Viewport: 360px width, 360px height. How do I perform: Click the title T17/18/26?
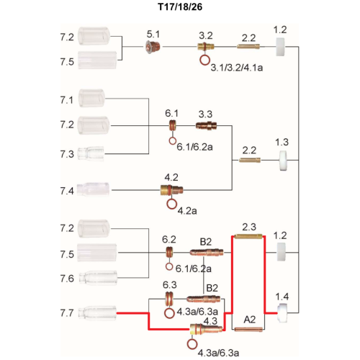[x=180, y=6]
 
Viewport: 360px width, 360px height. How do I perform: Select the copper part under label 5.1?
[x=153, y=47]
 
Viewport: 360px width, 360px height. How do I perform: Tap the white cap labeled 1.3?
[x=283, y=161]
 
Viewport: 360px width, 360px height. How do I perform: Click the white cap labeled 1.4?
[x=282, y=313]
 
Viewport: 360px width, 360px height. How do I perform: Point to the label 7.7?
[x=67, y=313]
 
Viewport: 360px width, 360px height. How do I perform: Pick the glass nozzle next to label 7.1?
[x=91, y=98]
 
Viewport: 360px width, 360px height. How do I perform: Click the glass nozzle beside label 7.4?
[x=94, y=189]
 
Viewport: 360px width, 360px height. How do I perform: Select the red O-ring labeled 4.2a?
[x=172, y=204]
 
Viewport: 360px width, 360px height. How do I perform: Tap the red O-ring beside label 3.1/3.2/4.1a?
[x=204, y=60]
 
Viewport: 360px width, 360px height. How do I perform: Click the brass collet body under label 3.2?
[x=206, y=46]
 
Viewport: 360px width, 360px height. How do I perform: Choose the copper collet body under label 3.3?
[x=207, y=125]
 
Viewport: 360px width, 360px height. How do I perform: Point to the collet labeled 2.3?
[x=248, y=236]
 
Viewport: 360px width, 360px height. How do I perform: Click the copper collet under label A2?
[x=248, y=329]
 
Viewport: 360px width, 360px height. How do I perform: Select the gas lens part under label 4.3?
[x=206, y=329]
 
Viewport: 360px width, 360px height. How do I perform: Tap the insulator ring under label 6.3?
[x=169, y=299]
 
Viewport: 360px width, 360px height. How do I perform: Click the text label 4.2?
[x=171, y=177]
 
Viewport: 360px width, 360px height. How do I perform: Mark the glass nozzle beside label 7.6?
[x=98, y=278]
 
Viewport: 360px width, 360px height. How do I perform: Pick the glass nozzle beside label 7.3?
[x=92, y=153]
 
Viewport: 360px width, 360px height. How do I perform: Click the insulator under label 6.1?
[x=172, y=125]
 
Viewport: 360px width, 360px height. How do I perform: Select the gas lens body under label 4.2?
[x=171, y=190]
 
